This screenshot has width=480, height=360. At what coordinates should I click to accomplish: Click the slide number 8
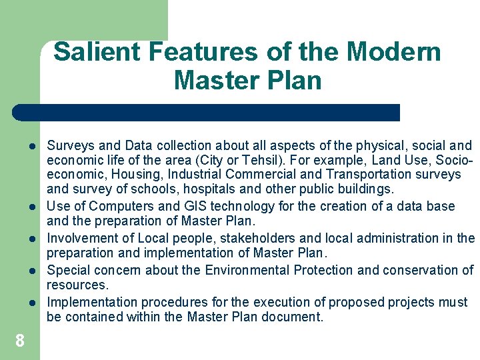tap(20, 341)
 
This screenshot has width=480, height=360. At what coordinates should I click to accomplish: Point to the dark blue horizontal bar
tap(207, 113)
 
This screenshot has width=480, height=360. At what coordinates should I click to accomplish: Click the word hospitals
tap(191, 190)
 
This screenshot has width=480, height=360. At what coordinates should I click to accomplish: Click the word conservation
tap(412, 270)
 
